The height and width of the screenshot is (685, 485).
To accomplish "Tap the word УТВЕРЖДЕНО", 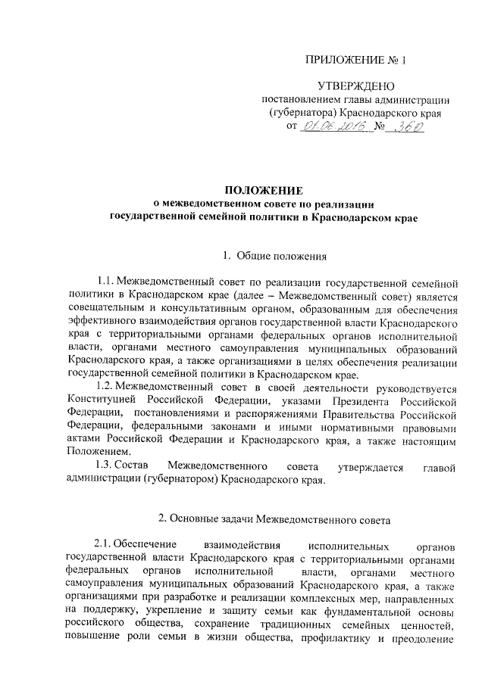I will pyautogui.click(x=354, y=86).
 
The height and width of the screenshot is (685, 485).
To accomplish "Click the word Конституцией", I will pyautogui.click(x=102, y=399).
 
